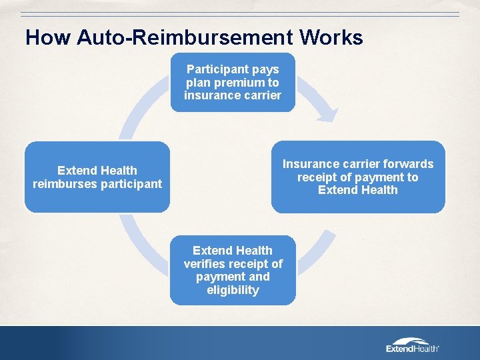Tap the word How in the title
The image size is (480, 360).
48,37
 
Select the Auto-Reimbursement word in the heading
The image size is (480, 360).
186,37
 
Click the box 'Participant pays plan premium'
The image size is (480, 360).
233,82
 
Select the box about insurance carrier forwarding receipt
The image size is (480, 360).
357,177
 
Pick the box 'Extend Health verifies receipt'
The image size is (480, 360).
233,270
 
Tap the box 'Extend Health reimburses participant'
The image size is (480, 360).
97,177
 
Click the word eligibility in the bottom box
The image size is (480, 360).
233,290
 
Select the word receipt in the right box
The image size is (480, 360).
319,177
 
